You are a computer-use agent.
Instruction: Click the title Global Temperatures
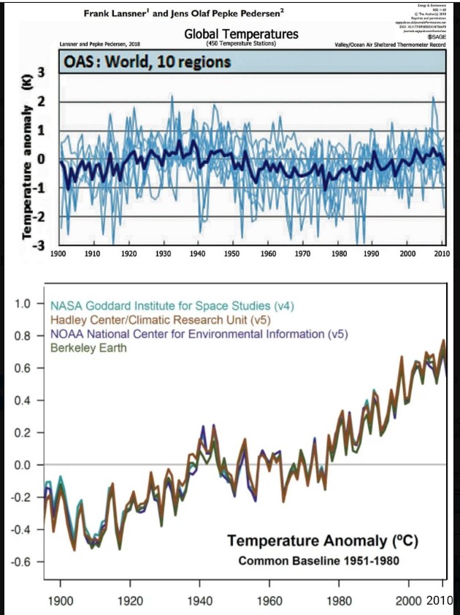pyautogui.click(x=241, y=34)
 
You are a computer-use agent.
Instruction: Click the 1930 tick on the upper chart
pyautogui.click(x=163, y=253)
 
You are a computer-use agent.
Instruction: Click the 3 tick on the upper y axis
pyautogui.click(x=42, y=72)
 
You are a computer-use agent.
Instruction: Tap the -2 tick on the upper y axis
pyautogui.click(x=41, y=216)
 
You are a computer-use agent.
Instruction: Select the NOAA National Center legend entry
pyautogui.click(x=199, y=334)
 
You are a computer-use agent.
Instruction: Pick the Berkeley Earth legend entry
pyautogui.click(x=89, y=348)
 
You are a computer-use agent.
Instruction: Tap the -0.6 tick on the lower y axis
pyautogui.click(x=24, y=562)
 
